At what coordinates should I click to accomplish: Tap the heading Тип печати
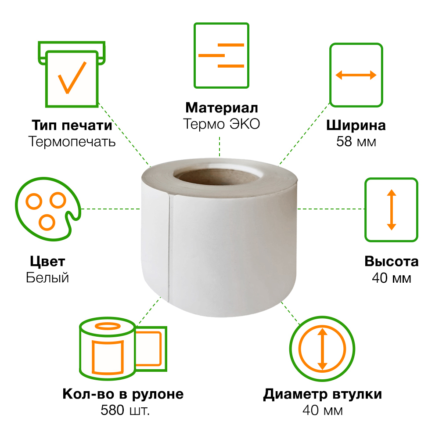point(72,125)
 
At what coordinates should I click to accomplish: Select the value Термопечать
point(72,141)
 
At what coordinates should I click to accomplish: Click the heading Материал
point(221,108)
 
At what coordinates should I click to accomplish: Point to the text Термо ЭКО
point(221,124)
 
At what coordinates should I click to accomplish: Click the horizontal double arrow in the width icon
point(356,75)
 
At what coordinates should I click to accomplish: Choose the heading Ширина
point(356,126)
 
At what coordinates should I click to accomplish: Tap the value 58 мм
point(356,142)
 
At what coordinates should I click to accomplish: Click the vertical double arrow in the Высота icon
point(392,210)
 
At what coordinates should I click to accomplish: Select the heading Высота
point(392,262)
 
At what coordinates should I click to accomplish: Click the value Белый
point(47,278)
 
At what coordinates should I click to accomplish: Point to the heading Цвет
point(47,262)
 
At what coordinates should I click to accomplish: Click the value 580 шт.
point(125,410)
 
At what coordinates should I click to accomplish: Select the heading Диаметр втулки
point(323,394)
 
